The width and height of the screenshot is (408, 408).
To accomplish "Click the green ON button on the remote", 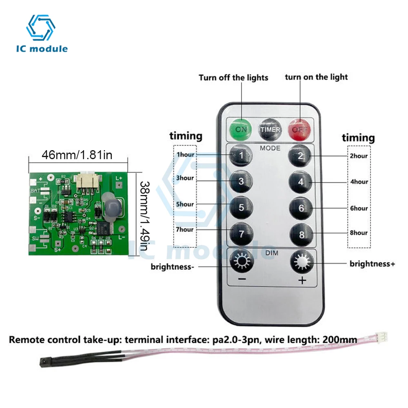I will point(241,129).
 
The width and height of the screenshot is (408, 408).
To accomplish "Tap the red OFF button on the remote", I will point(300,129).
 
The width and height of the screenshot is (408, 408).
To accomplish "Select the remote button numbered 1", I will point(241,155).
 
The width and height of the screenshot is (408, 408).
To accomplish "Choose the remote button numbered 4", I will point(301,182).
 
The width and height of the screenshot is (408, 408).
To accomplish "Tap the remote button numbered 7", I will point(241,234).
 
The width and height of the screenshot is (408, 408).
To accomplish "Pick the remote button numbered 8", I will point(301,234).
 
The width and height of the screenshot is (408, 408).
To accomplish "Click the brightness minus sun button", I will point(241,261).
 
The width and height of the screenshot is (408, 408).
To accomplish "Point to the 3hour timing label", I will point(185,178).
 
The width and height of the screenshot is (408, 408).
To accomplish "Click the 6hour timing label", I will point(359,208).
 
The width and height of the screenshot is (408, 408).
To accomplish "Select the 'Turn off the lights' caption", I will point(233,77).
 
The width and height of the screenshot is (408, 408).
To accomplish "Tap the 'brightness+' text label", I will point(372,264).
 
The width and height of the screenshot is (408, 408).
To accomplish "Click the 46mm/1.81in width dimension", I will point(77,155).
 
